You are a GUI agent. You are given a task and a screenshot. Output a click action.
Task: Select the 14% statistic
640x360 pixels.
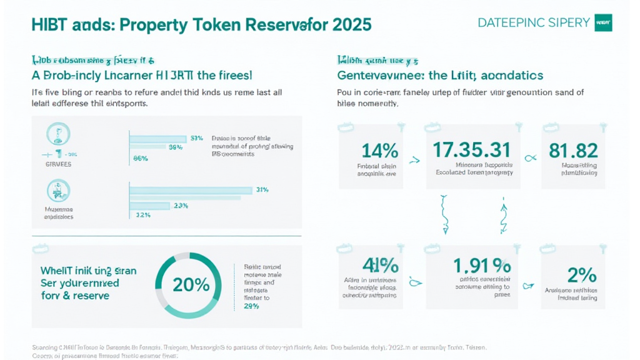coord(380,151)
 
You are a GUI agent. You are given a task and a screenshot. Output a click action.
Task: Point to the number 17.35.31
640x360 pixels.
coord(472,150)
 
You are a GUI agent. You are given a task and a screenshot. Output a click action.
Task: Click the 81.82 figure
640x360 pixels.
coord(573,151)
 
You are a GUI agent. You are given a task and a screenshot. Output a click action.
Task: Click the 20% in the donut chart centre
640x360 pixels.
coord(191,285)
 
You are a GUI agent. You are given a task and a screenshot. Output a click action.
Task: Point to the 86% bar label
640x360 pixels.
coord(141,159)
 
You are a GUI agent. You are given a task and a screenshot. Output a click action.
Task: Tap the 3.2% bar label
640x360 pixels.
coord(144,215)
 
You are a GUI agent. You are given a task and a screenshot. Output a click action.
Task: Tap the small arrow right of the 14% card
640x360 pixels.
coord(414,160)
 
